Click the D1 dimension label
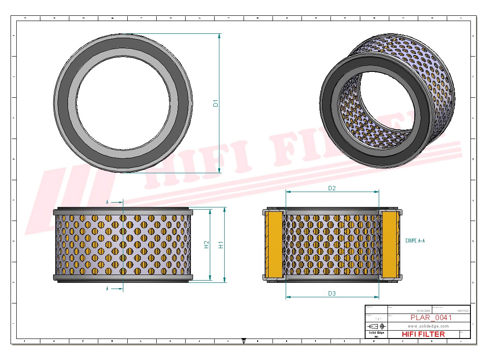click(x=215, y=103)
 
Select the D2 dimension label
click(x=332, y=188)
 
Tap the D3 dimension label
click(x=332, y=293)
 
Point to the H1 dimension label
click(x=222, y=245)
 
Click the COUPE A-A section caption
click(x=415, y=241)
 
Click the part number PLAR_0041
click(x=431, y=318)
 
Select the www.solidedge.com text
click(x=428, y=326)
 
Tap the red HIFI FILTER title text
click(x=423, y=334)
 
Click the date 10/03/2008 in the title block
click(x=423, y=310)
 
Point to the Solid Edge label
click(x=376, y=333)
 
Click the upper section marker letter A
click(x=107, y=202)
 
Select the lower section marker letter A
click(x=107, y=289)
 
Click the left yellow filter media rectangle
click(x=274, y=245)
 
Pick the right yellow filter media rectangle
click(x=390, y=245)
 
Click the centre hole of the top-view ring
click(x=123, y=103)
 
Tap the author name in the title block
click(x=463, y=310)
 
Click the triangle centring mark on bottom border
click(x=244, y=340)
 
